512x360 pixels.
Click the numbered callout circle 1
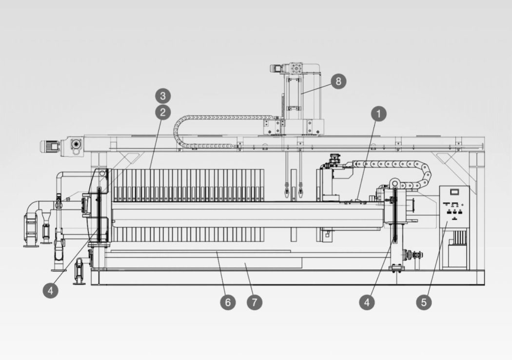[x=378, y=114]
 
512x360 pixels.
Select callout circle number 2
[x=162, y=113]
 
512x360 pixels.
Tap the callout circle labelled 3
[x=162, y=95]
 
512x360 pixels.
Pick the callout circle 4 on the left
[x=50, y=291]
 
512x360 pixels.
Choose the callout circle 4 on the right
[x=367, y=302]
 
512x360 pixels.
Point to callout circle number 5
[x=423, y=302]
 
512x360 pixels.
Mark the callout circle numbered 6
[x=227, y=302]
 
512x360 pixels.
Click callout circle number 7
[x=254, y=302]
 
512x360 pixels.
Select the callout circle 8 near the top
[x=338, y=81]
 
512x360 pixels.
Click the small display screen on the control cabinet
[x=454, y=191]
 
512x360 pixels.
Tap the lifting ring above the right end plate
[x=394, y=183]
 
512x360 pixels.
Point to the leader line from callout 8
[x=317, y=87]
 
